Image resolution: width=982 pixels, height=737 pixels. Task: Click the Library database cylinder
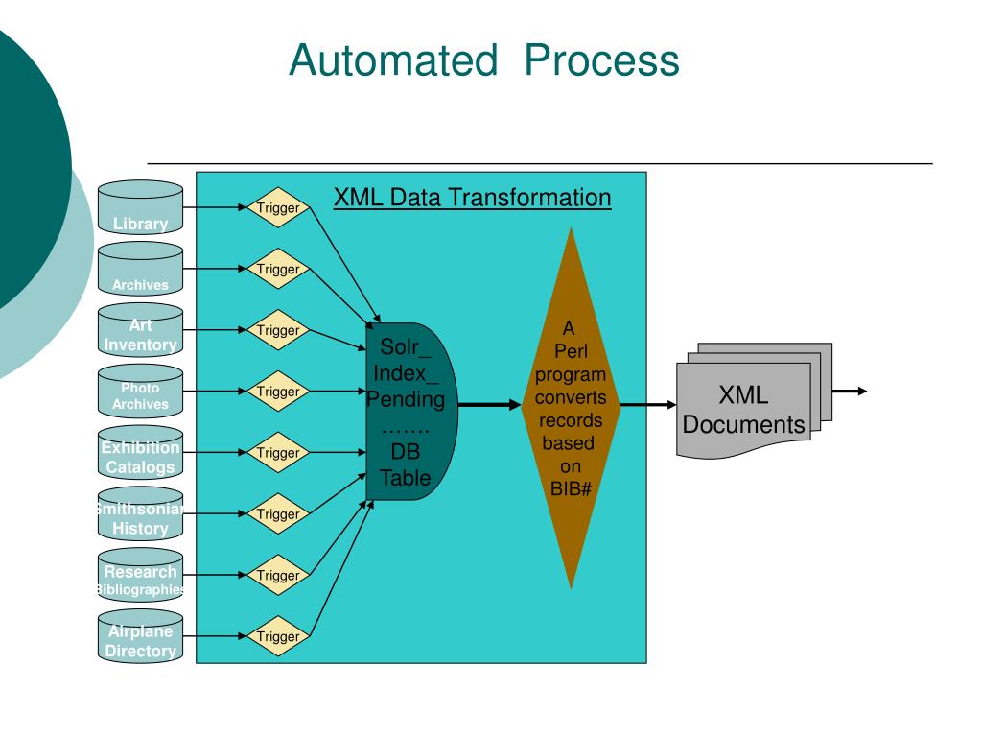(140, 207)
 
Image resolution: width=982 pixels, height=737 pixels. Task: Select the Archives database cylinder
(140, 269)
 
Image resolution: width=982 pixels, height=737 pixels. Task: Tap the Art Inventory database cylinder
(140, 330)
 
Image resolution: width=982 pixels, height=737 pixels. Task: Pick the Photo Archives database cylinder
(140, 392)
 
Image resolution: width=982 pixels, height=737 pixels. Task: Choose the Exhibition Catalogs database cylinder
(140, 453)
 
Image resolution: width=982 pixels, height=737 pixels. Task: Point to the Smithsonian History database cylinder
(140, 514)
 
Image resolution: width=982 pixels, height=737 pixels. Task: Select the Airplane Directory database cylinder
(140, 636)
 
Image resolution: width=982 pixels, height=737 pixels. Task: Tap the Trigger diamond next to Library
(278, 207)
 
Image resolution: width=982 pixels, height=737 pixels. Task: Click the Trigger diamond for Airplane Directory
(278, 636)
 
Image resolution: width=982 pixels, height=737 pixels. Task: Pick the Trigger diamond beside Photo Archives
(278, 392)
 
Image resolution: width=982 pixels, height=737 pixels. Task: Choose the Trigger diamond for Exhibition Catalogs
(278, 453)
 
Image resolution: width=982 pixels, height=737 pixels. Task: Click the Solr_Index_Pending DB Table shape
(411, 412)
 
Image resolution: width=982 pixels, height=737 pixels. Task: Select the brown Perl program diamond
(571, 408)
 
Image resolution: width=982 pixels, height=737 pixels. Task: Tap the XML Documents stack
(754, 400)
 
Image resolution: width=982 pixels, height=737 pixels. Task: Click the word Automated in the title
(393, 60)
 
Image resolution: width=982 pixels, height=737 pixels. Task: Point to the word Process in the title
(602, 60)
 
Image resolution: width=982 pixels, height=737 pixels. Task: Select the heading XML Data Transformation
(472, 198)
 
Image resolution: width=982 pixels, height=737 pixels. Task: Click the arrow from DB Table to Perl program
(490, 405)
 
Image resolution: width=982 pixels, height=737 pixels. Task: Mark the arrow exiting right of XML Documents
(850, 392)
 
